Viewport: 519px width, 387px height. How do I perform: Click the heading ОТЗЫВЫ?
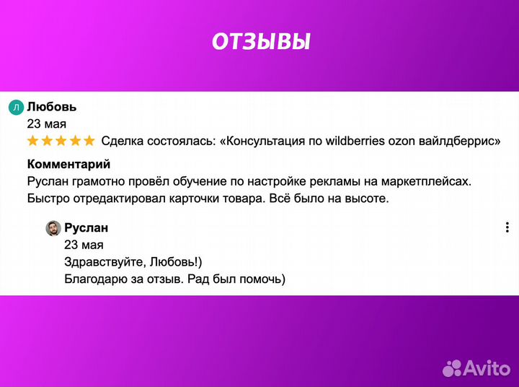[x=260, y=42]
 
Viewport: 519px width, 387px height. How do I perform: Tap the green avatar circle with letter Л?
[x=16, y=108]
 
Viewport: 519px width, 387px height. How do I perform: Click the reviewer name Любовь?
[x=52, y=107]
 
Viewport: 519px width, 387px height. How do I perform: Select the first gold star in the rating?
[x=33, y=141]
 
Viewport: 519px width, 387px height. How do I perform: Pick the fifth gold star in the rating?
[x=89, y=141]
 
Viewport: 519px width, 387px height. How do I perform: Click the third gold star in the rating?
[x=61, y=141]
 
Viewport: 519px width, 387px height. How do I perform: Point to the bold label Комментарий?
[x=68, y=164]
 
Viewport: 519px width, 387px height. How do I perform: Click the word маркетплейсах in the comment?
[x=430, y=181]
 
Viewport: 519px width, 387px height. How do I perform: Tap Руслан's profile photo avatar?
[x=53, y=228]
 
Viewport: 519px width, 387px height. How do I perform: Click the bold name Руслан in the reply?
[x=86, y=228]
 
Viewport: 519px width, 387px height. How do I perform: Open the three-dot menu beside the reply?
[x=507, y=228]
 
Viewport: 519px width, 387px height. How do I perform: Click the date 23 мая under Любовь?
[x=46, y=123]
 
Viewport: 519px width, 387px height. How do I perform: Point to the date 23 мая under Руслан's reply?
[x=83, y=245]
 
